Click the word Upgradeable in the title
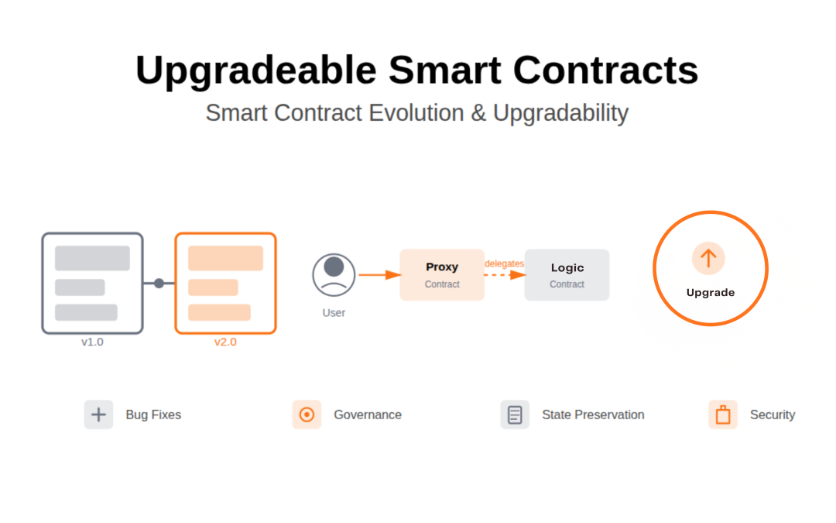tap(255, 71)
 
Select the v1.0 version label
tap(92, 342)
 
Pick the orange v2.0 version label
tap(225, 342)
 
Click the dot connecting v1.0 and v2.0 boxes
tap(159, 283)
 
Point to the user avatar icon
tap(334, 274)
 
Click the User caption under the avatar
tap(334, 313)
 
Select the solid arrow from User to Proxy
tap(379, 275)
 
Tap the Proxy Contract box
tap(442, 275)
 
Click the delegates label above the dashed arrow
tap(504, 263)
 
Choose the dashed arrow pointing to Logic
tap(505, 275)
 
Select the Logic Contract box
tap(567, 275)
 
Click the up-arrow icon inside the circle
tap(708, 258)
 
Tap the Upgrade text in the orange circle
tap(710, 293)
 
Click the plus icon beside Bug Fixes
tap(98, 415)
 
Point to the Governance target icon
tap(307, 415)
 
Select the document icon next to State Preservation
tap(515, 415)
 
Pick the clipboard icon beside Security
tap(723, 415)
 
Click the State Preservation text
tap(593, 415)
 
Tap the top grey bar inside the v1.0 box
tap(92, 258)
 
